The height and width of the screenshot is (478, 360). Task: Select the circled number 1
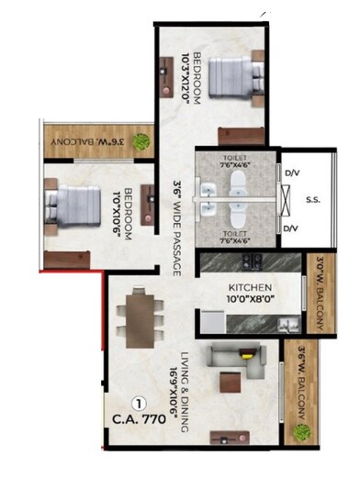[x=139, y=402]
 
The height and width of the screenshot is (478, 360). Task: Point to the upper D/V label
[x=291, y=172]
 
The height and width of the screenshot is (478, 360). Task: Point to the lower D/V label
[x=291, y=227]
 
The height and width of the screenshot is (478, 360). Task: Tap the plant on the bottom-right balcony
[x=299, y=428]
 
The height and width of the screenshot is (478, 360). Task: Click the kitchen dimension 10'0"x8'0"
[x=249, y=299]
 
